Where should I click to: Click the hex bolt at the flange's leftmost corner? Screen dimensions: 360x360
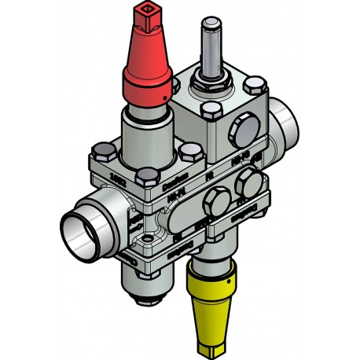(101, 152)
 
